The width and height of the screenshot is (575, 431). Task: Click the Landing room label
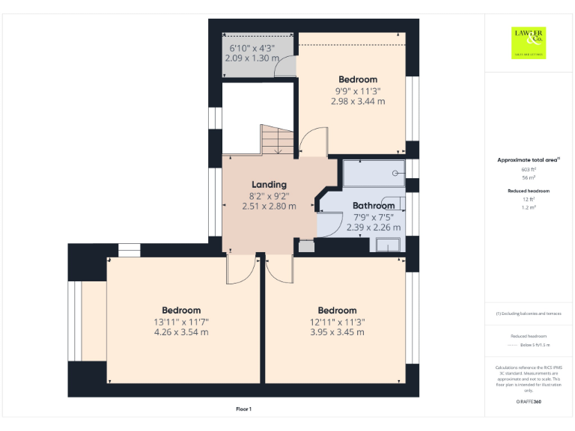(x=269, y=184)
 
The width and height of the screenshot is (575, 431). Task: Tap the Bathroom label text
(x=374, y=206)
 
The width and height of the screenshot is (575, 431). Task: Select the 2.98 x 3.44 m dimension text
(x=358, y=101)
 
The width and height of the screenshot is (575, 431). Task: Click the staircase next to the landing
(x=277, y=140)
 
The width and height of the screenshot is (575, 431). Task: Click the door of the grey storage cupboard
(x=284, y=68)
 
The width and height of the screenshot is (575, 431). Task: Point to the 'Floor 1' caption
(x=243, y=409)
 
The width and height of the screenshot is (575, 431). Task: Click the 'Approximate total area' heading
(x=528, y=160)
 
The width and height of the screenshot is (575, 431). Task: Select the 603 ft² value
(x=528, y=170)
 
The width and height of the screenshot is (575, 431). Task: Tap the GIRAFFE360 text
(x=528, y=403)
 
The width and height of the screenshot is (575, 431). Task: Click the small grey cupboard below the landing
(x=306, y=245)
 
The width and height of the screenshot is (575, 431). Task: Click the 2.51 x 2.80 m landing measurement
(x=269, y=207)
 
